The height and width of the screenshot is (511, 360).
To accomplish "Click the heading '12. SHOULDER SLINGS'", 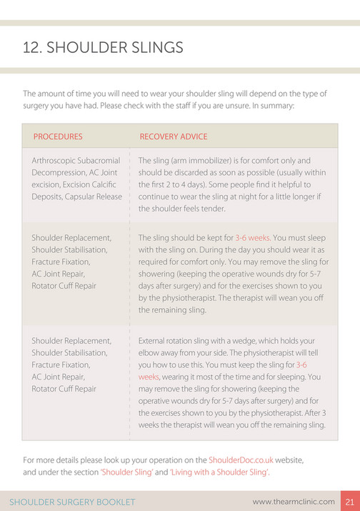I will (103, 48).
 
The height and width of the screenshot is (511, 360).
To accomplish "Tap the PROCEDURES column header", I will (58, 137).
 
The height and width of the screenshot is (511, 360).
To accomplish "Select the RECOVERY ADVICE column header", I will (174, 137).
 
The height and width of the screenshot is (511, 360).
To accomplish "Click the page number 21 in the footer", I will (350, 501).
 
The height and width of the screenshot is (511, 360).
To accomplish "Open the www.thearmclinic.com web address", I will (293, 501).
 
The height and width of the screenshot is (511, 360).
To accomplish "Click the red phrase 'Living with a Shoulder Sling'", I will (219, 472).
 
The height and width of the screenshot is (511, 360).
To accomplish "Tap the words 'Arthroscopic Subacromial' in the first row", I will (76, 161).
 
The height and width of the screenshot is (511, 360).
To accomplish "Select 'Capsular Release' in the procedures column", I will (97, 197).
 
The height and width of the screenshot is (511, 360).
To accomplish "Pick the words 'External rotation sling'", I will (180, 341).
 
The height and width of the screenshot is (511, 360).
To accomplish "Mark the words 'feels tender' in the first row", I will (201, 209).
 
